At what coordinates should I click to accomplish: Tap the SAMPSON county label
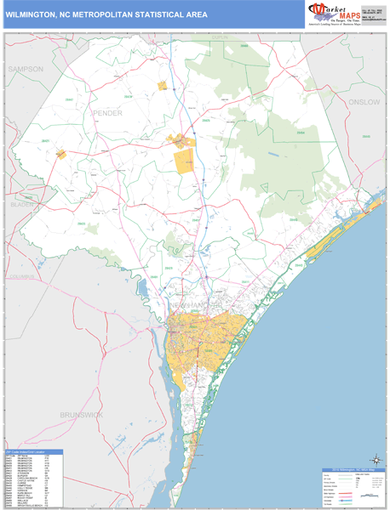point(24,67)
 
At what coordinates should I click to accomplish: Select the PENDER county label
point(109,111)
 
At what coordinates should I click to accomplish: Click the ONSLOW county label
point(361,101)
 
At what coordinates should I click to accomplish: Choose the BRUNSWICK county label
point(81,414)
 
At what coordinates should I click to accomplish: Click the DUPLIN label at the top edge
point(221,38)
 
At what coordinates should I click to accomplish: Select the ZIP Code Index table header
point(32,451)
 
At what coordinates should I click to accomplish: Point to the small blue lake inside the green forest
point(272,155)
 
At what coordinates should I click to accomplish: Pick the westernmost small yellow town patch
point(60,154)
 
